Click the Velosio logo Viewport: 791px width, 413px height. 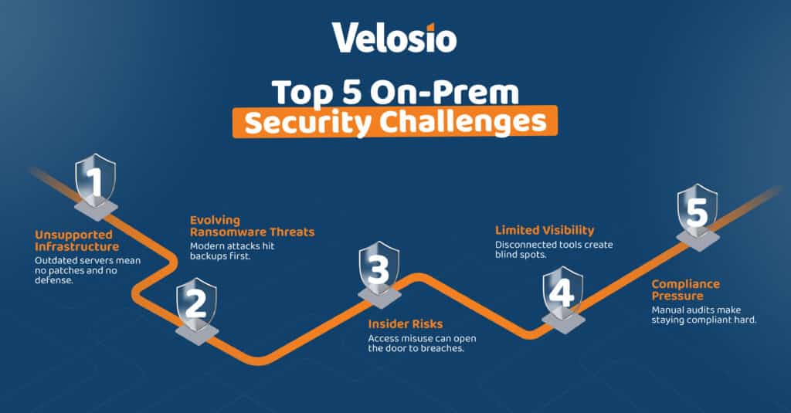(394, 38)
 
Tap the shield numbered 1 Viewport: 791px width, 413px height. (95, 182)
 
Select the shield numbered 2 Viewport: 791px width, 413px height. (196, 304)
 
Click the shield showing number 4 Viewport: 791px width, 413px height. (562, 294)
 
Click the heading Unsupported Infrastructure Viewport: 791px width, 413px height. (77, 240)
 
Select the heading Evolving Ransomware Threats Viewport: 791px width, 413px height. (252, 225)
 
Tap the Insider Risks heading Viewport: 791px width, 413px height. (406, 324)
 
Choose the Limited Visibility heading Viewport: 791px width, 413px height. (545, 230)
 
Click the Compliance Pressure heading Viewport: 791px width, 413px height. (685, 289)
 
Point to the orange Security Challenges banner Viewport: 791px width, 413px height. (395, 122)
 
